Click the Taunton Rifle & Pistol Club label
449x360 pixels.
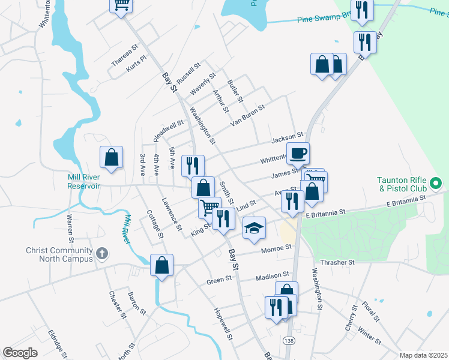click(402, 185)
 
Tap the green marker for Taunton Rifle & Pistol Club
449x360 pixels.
click(437, 181)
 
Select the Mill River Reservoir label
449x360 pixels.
click(75, 181)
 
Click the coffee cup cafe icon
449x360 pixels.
click(298, 154)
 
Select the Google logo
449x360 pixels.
click(20, 353)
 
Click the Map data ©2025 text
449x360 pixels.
click(423, 355)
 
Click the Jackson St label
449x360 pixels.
click(288, 139)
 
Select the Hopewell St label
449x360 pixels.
click(224, 323)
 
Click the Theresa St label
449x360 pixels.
click(125, 55)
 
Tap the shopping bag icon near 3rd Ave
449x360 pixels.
click(112, 158)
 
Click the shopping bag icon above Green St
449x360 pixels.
click(162, 265)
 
